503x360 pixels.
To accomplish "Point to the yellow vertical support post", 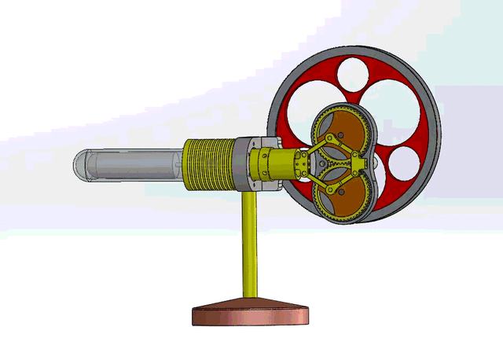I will (250, 244).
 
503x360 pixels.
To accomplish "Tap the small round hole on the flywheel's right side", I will (404, 162).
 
